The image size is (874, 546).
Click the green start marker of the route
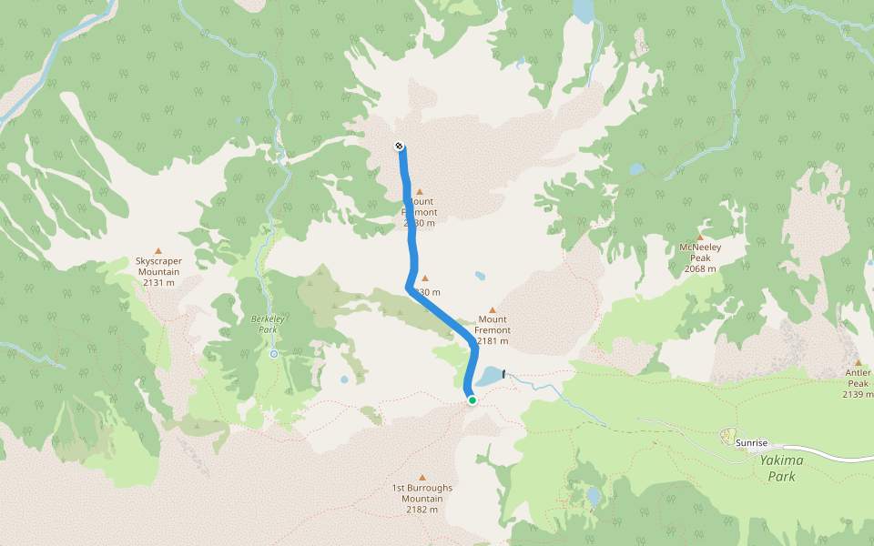pos(472,399)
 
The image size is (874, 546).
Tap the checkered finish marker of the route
pos(400,147)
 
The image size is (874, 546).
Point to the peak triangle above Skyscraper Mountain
pos(158,250)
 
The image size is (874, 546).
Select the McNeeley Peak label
pos(700,258)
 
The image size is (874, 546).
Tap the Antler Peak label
pos(858,383)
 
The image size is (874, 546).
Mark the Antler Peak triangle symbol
pos(858,362)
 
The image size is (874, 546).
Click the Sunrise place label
pos(752,443)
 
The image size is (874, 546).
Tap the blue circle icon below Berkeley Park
pos(273,354)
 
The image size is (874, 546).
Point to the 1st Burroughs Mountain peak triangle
pos(422,477)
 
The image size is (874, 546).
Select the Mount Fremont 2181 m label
pos(493,330)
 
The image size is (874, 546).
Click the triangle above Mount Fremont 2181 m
pos(493,309)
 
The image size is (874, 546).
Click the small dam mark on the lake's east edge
pos(504,373)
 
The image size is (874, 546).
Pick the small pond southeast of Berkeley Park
pos(344,379)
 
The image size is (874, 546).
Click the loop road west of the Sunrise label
pos(728,435)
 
